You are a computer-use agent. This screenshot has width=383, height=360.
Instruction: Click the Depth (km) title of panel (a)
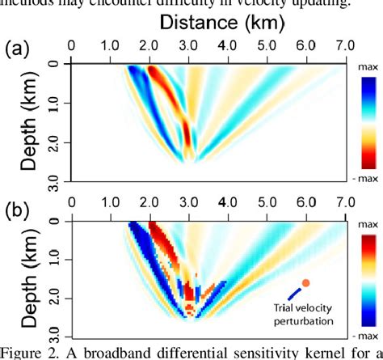pos(29,121)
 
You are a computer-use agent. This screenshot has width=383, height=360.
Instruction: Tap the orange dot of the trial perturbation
pos(305,282)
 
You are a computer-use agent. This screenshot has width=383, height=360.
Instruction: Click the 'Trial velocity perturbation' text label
pos(306,317)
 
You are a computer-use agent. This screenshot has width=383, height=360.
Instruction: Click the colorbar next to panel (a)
pos(362,121)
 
